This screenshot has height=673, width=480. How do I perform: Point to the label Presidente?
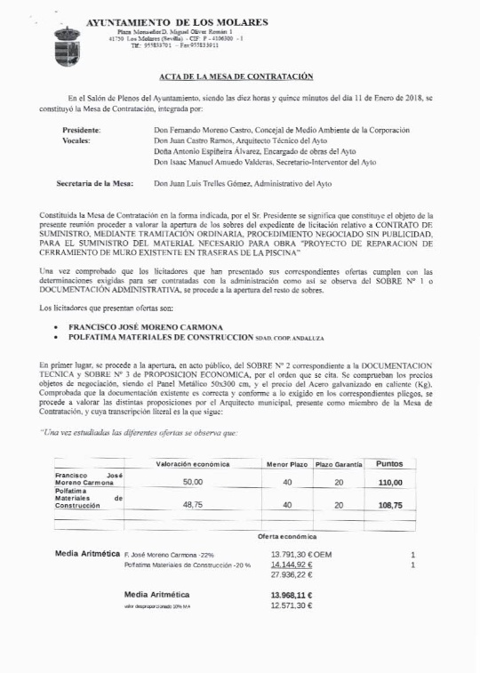tap(81, 130)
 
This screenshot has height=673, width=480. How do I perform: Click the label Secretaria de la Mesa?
tap(95, 183)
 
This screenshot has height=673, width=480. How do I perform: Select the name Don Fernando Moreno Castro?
tap(204, 130)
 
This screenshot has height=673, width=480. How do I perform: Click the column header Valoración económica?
tap(193, 464)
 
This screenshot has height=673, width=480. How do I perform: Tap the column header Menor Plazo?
tap(287, 464)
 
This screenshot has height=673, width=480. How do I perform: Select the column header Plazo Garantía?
tap(339, 464)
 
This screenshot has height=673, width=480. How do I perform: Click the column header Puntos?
tap(390, 463)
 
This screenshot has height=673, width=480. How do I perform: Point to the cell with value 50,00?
tap(193, 482)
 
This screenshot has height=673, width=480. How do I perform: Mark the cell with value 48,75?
tap(193, 504)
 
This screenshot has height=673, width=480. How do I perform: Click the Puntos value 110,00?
tap(390, 482)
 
